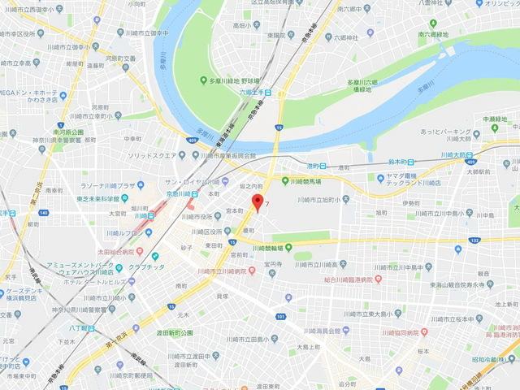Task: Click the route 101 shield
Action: (x=280, y=316)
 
